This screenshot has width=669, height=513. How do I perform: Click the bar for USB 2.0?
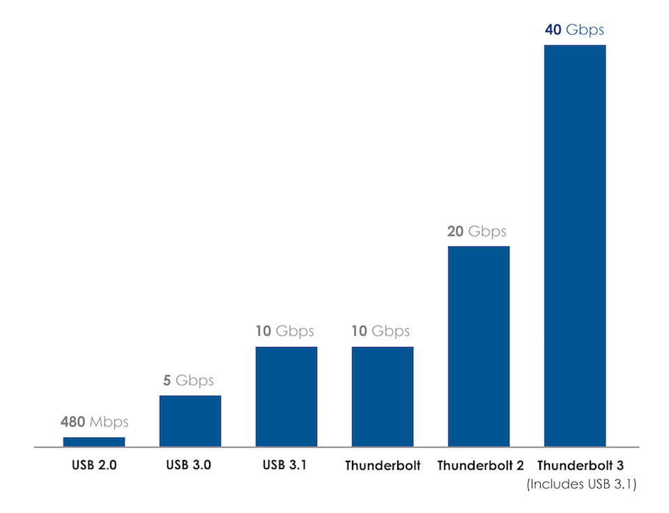pos(94,441)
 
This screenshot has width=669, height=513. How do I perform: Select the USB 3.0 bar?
pos(190,421)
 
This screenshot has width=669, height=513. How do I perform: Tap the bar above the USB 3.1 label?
pos(286,396)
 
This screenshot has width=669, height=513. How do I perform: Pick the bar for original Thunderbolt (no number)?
pos(383,396)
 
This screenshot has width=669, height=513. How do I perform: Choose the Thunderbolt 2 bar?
pos(479,346)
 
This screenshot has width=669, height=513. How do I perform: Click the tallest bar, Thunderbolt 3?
pos(575,245)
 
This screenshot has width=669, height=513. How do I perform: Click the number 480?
pos(73,422)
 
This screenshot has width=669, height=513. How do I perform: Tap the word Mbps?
pos(109,422)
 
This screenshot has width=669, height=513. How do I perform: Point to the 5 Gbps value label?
pos(189,381)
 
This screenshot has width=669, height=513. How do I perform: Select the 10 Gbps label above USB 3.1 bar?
pos(285,331)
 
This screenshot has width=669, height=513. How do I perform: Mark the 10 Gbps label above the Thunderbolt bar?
pos(381,331)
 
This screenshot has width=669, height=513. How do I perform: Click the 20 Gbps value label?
pos(477,231)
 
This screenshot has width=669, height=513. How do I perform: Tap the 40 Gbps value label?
pos(575,30)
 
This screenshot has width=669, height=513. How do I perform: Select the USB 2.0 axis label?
pos(94,465)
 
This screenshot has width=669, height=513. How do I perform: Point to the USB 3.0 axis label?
pos(189,465)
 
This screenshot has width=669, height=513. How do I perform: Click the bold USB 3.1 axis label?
pos(286,465)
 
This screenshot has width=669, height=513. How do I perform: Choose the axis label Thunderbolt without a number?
pos(383,466)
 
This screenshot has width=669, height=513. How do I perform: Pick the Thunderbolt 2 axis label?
pos(480,466)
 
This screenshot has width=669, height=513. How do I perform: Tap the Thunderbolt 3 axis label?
pos(580,466)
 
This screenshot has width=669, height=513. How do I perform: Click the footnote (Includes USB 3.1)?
pos(581,484)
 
